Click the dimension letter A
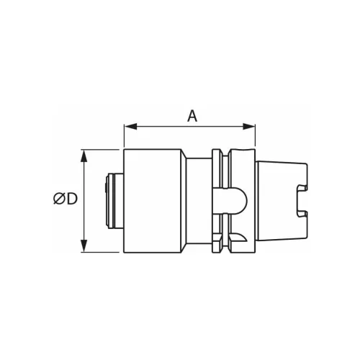(192, 116)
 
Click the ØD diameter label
(66, 199)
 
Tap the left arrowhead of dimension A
(130, 127)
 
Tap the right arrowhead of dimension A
(249, 127)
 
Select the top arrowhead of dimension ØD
(84, 156)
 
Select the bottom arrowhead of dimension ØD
(84, 246)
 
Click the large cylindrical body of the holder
(153, 201)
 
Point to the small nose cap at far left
(114, 201)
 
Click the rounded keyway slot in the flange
(230, 201)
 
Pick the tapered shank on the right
(282, 201)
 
